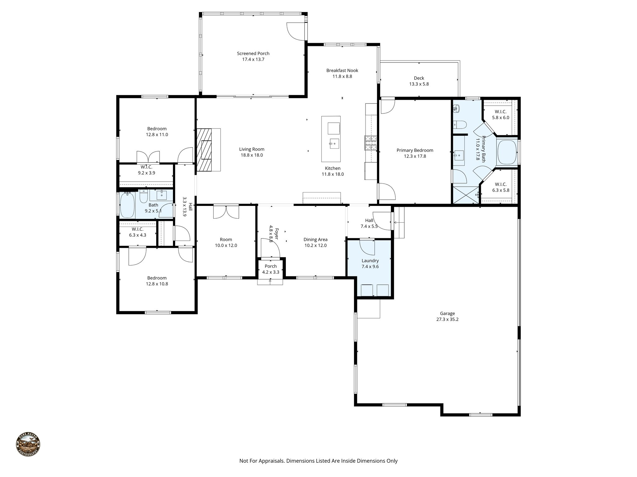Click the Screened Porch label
click(x=253, y=53)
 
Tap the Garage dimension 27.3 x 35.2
click(x=447, y=319)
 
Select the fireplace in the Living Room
click(x=204, y=150)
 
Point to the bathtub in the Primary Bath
click(x=507, y=152)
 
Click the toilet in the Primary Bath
click(x=460, y=125)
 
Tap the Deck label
click(x=419, y=78)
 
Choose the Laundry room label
click(x=370, y=261)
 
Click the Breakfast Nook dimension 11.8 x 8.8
click(x=342, y=76)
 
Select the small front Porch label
click(x=271, y=266)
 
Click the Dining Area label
click(x=315, y=239)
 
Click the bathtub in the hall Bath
click(x=127, y=205)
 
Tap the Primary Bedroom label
click(x=415, y=150)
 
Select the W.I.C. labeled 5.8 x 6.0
click(x=500, y=115)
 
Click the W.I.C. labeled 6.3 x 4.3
click(x=137, y=232)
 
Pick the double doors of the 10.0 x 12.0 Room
click(x=226, y=212)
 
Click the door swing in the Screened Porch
click(x=294, y=31)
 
